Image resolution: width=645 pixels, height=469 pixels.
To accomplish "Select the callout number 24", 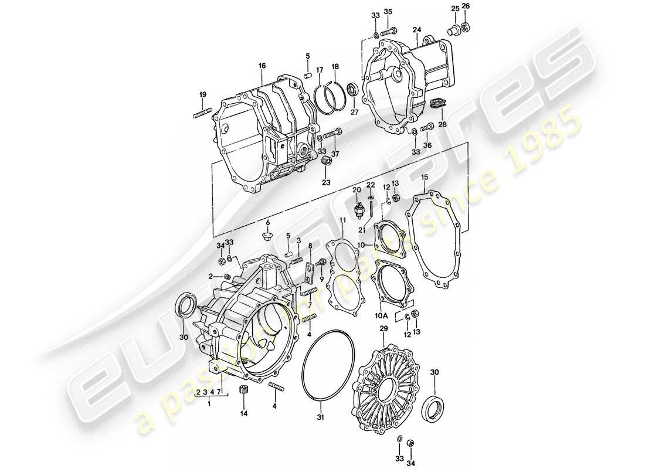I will pos(416,29).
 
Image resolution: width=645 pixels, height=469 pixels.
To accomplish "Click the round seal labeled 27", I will pos(352,90).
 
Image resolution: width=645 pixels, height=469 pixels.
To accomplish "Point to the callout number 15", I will pos(425,177).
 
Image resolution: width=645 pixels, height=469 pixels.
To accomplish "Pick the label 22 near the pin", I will pos(370,185).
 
